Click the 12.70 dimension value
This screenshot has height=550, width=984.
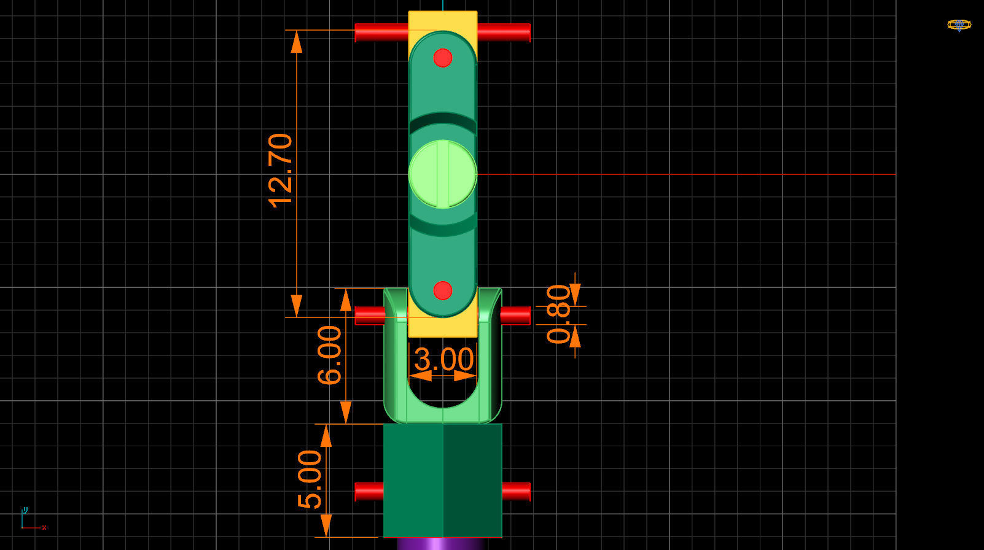pos(280,171)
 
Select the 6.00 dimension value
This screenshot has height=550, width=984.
pos(329,355)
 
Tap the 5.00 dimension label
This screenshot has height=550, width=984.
pos(310,479)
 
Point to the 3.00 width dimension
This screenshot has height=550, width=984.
pos(443,360)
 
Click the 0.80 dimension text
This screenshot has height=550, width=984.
pos(559,314)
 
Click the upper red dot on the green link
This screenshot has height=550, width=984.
pos(443,58)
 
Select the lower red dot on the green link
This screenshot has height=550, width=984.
pos(443,290)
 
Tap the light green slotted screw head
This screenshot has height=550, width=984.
pos(443,174)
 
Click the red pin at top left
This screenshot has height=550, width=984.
pos(381,33)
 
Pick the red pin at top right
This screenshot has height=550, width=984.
pos(504,33)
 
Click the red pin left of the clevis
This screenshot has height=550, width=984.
pos(370,316)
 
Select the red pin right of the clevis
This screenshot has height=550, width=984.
pos(515,316)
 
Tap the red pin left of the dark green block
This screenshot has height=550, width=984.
pos(369,491)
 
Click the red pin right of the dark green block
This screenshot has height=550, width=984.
pos(516,491)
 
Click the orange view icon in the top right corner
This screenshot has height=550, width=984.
pos(959,25)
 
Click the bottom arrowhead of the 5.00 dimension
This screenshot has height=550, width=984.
pos(326,525)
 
